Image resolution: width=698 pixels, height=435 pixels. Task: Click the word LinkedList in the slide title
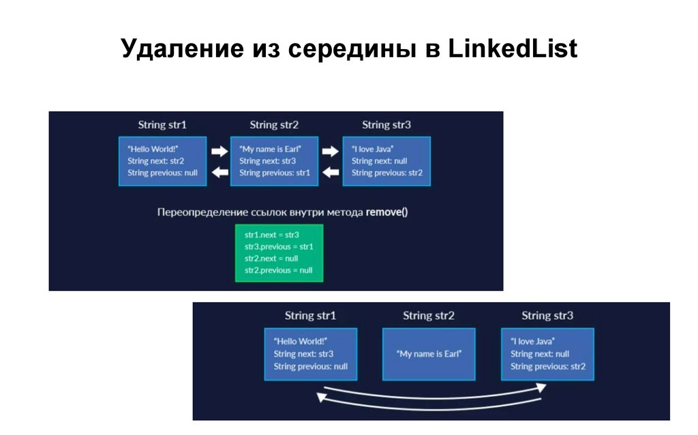click(x=512, y=50)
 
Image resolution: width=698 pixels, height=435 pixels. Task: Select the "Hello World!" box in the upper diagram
click(x=162, y=161)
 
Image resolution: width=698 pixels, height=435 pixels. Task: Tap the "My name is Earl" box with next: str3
click(x=274, y=161)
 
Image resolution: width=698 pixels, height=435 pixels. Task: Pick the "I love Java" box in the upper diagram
click(x=386, y=161)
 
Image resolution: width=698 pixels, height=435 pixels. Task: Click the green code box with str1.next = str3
click(x=279, y=252)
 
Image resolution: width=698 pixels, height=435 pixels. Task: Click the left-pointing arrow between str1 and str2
click(x=219, y=172)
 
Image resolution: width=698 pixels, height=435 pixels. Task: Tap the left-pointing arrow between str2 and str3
click(x=331, y=172)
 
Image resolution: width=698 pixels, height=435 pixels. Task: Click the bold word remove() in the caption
click(x=386, y=212)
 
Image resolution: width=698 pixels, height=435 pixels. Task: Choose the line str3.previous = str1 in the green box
click(x=279, y=246)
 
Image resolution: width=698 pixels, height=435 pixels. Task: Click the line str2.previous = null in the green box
click(x=279, y=270)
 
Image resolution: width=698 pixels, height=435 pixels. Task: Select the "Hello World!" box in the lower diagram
click(x=311, y=354)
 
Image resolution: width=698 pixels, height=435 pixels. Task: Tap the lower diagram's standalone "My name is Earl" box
click(x=429, y=354)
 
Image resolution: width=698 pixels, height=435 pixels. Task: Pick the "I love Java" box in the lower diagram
click(x=547, y=354)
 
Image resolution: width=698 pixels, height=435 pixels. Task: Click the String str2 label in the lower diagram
click(x=429, y=316)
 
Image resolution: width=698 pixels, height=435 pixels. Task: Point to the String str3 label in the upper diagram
click(x=386, y=125)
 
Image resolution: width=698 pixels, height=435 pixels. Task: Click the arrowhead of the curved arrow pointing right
click(x=541, y=387)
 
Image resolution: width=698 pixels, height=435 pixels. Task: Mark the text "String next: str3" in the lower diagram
click(x=303, y=354)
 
